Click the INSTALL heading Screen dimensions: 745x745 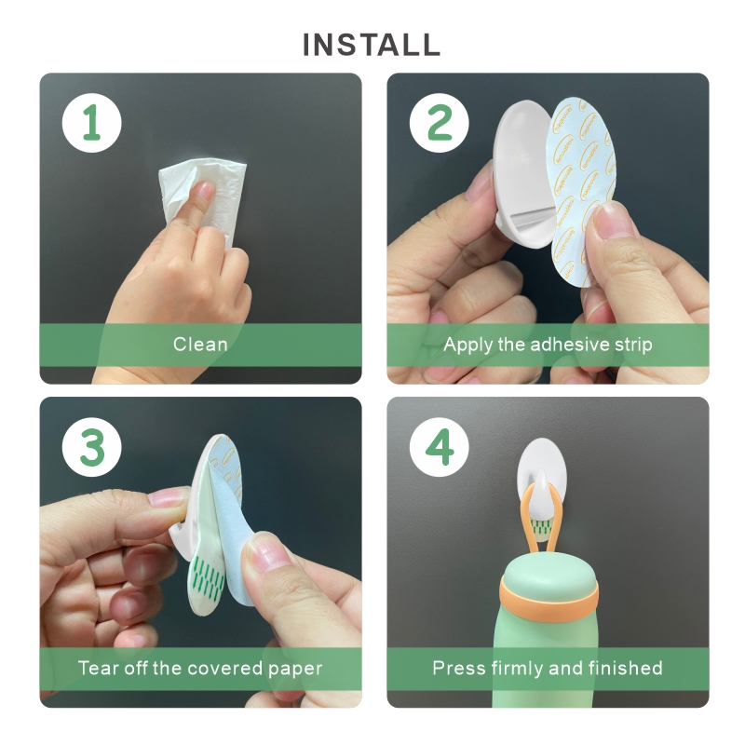tap(372, 45)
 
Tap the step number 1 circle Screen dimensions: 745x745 tap(91, 123)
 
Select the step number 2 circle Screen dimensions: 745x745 tap(440, 123)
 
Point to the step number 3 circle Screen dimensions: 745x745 tap(91, 447)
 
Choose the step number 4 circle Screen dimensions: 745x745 tap(440, 447)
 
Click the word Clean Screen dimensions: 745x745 tap(200, 345)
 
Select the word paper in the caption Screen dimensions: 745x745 tap(295, 669)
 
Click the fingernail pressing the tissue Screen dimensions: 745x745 tap(206, 190)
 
